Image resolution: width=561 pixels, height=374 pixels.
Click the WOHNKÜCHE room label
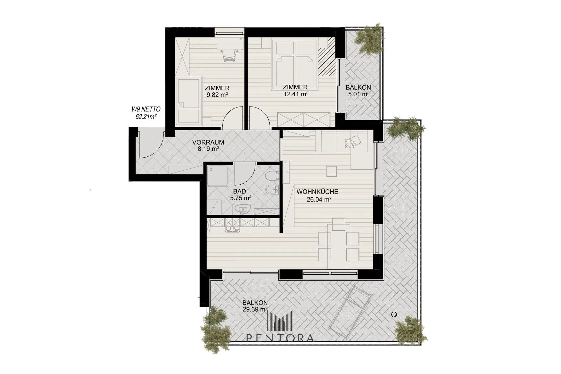317,192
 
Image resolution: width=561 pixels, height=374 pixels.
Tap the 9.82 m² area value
217,95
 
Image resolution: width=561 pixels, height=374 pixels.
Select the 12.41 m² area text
296,94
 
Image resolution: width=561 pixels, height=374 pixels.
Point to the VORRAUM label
208,142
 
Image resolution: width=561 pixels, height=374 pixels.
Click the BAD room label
240,191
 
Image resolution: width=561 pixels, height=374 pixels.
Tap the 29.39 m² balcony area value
255,309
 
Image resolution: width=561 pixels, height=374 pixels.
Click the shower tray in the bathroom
217,176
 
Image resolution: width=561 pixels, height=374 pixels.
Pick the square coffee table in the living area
332,171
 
